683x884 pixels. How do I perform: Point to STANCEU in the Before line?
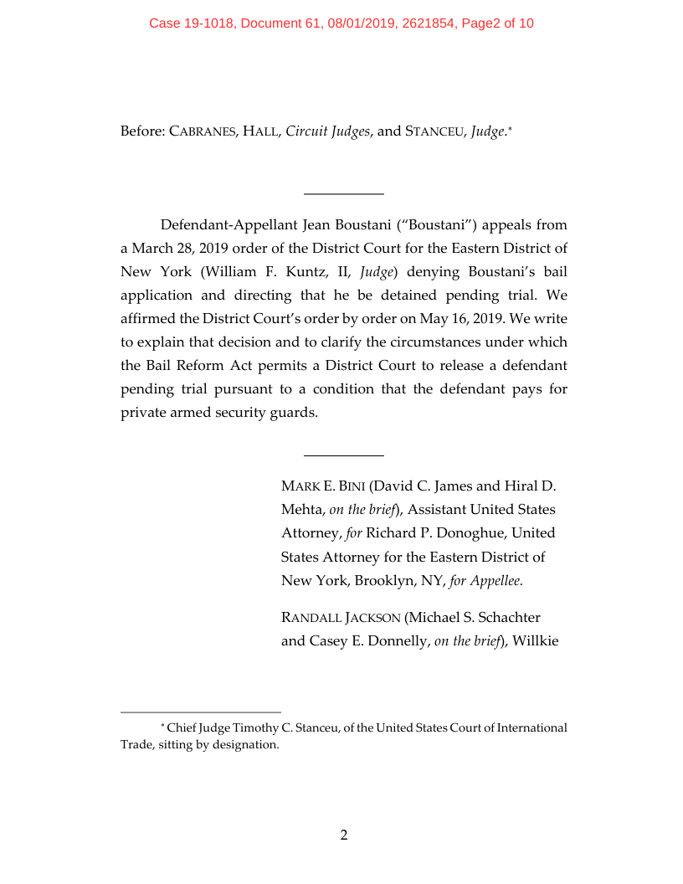point(434,131)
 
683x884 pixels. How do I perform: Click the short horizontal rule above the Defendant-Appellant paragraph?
point(343,194)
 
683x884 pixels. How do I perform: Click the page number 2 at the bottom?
point(343,835)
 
